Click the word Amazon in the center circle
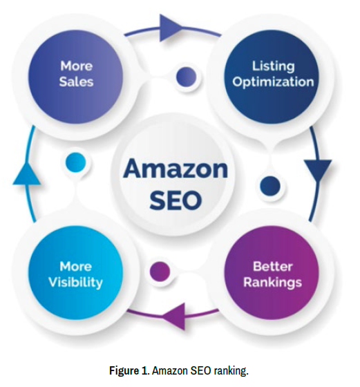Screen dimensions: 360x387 click(176, 169)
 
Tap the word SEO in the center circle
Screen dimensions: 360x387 click(176, 200)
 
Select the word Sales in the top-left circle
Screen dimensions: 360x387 click(76, 82)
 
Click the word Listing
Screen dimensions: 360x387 click(273, 66)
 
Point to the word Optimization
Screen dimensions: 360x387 click(273, 82)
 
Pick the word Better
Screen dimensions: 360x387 click(273, 267)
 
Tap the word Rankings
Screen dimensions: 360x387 click(273, 283)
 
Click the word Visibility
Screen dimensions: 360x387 click(75, 282)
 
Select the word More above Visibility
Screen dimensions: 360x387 click(76, 267)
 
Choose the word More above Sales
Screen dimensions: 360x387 click(77, 66)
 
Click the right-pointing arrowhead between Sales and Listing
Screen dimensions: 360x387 click(171, 28)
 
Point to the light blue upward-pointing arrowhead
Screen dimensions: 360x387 click(27, 173)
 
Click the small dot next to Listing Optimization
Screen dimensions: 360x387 click(187, 77)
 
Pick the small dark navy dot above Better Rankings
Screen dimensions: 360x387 click(270, 187)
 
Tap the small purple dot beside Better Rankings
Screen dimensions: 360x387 click(160, 271)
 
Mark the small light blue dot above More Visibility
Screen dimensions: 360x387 click(76, 162)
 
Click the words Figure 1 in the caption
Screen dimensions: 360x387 click(129, 371)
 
